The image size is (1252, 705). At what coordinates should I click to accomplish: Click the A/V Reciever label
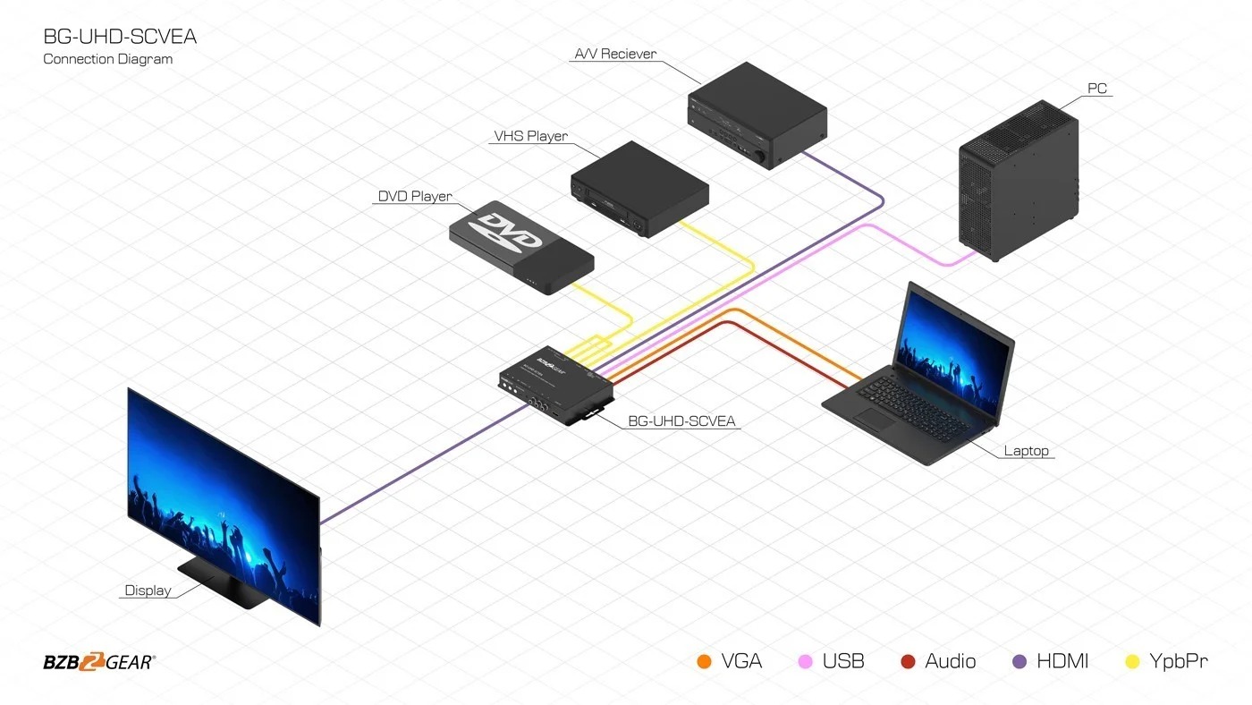614,54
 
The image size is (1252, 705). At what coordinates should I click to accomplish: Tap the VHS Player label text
530,137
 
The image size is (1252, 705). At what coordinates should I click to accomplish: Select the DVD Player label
415,196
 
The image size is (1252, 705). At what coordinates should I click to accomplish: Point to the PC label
1097,89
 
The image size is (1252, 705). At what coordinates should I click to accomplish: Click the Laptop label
1026,451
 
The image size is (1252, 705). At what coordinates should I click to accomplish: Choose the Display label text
148,590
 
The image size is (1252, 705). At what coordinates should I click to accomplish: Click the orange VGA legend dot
704,662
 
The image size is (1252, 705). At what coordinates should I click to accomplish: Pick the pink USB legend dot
806,662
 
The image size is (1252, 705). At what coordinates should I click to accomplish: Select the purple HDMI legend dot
1019,662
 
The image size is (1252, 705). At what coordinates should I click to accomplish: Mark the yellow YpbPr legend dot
1133,662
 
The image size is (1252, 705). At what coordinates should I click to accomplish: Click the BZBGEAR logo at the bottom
98,662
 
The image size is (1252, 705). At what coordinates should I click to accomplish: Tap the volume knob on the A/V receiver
763,157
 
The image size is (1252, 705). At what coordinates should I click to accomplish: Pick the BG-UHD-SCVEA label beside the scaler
683,420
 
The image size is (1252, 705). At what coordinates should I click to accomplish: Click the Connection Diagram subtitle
107,59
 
